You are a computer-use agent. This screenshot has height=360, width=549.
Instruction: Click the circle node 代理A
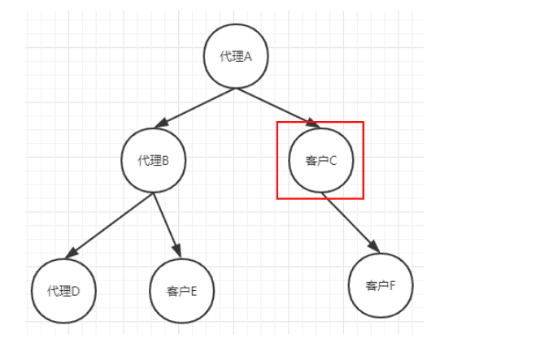point(236,56)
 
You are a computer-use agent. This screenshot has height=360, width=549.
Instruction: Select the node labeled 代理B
point(154,160)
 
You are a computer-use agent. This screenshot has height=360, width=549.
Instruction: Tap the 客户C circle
point(321,160)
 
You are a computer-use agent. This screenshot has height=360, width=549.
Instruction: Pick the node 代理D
point(63,291)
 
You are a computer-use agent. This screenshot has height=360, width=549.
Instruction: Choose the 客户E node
point(181,291)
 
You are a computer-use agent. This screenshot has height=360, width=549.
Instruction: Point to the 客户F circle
point(381,285)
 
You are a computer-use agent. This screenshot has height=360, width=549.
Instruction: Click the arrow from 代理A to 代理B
point(195,108)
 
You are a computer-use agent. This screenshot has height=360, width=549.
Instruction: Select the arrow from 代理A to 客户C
point(278,108)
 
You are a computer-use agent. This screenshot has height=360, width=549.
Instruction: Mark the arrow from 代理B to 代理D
point(110,226)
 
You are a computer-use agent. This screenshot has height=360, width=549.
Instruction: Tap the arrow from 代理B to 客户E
point(167,226)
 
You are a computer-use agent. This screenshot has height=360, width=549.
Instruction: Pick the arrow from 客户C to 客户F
point(351,223)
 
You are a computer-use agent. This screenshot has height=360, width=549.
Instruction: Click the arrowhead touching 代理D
point(72,253)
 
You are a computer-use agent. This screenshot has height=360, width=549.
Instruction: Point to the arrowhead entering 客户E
point(177,251)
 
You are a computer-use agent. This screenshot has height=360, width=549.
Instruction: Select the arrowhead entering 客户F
point(374,246)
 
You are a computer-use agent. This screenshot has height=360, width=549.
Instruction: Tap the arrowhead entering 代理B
point(161,123)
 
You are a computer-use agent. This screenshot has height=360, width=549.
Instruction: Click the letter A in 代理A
point(247,56)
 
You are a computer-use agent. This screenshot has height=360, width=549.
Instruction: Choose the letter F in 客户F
point(392,286)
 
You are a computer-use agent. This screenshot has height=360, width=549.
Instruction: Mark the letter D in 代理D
point(76,291)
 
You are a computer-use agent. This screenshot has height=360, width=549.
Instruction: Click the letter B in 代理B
point(165,161)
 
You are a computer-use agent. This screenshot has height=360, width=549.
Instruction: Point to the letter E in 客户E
point(194,291)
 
